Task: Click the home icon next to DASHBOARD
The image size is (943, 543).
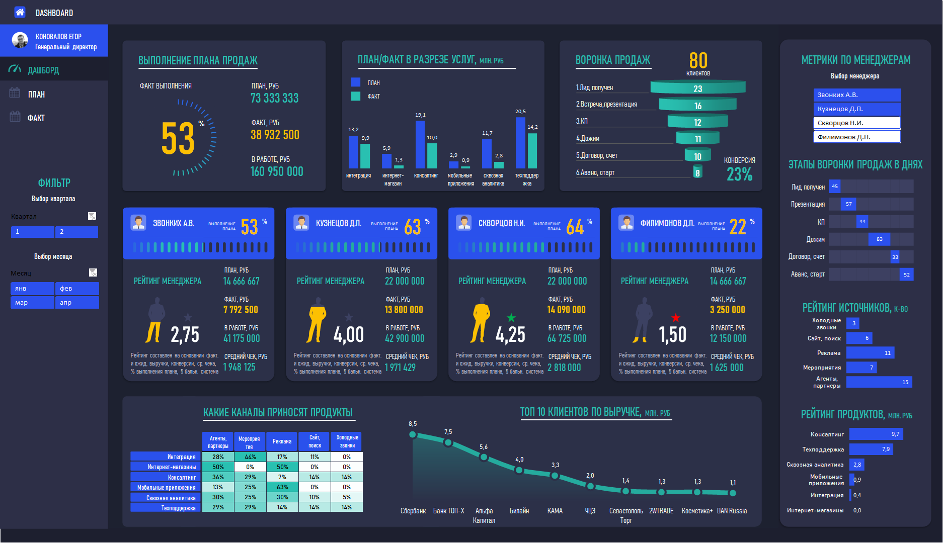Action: pyautogui.click(x=20, y=13)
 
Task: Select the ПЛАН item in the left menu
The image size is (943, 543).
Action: pyautogui.click(x=36, y=95)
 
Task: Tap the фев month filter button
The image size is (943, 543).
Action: pyautogui.click(x=76, y=289)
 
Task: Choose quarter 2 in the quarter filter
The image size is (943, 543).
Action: pyautogui.click(x=76, y=232)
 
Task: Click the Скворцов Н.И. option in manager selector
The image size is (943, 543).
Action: pyautogui.click(x=856, y=123)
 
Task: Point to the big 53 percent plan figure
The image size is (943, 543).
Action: pyautogui.click(x=178, y=138)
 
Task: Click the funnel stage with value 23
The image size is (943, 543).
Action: pyautogui.click(x=697, y=88)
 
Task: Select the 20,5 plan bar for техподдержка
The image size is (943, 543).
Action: pyautogui.click(x=520, y=143)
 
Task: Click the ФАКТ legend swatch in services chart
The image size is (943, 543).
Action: pyautogui.click(x=356, y=96)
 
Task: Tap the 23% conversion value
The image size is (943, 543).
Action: pyautogui.click(x=739, y=174)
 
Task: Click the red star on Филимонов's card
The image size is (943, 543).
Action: pyautogui.click(x=675, y=317)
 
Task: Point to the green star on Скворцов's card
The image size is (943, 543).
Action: pyautogui.click(x=511, y=317)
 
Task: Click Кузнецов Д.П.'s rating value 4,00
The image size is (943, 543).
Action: pyautogui.click(x=348, y=335)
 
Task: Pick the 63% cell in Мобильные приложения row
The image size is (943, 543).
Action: pyautogui.click(x=282, y=487)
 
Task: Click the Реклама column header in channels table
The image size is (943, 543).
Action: pyautogui.click(x=282, y=441)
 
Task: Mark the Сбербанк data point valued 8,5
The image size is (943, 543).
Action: pyautogui.click(x=413, y=434)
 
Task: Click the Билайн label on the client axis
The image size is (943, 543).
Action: pyautogui.click(x=519, y=511)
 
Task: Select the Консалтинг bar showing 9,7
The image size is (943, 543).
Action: pyautogui.click(x=876, y=434)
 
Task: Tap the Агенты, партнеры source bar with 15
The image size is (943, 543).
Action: pyautogui.click(x=879, y=382)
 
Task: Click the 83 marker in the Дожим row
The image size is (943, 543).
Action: pyautogui.click(x=879, y=239)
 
